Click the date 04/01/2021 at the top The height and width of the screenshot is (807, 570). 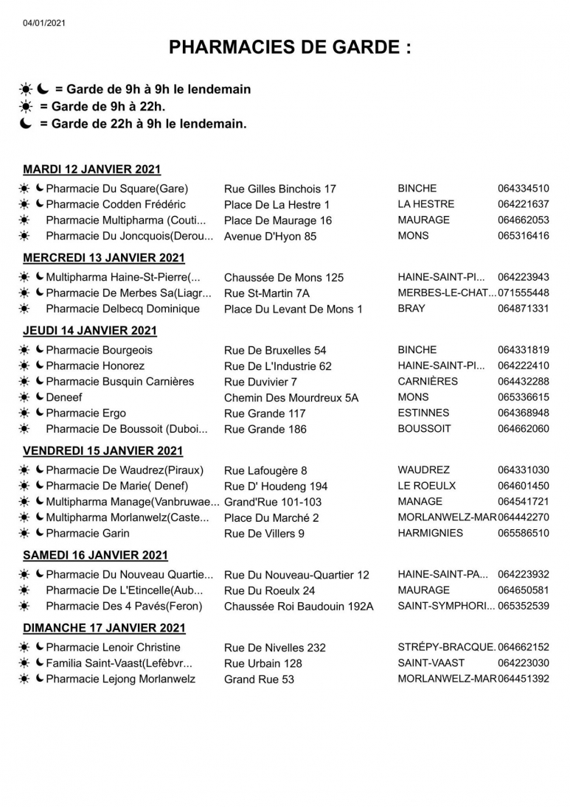click(x=44, y=24)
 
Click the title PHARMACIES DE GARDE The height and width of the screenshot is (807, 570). click(x=290, y=48)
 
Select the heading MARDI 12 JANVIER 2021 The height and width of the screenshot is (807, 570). click(x=92, y=170)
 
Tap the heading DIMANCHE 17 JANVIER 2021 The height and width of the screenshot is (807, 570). click(x=104, y=628)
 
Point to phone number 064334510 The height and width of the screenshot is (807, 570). click(x=523, y=188)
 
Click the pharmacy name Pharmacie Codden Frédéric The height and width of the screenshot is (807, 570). click(x=116, y=204)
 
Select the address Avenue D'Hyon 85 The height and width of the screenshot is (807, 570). click(x=270, y=237)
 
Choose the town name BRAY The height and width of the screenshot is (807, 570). click(x=411, y=308)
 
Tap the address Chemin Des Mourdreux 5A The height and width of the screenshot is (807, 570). click(x=291, y=398)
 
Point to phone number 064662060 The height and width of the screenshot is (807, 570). click(x=523, y=428)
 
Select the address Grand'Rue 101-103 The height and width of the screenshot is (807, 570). click(x=272, y=502)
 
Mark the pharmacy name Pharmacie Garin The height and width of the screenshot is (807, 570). click(x=87, y=533)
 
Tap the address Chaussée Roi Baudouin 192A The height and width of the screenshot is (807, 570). click(x=299, y=607)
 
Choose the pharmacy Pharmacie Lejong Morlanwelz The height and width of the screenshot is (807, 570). click(x=120, y=679)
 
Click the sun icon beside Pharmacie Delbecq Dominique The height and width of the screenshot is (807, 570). click(x=24, y=309)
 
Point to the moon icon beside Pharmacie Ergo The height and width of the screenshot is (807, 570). click(x=40, y=413)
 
